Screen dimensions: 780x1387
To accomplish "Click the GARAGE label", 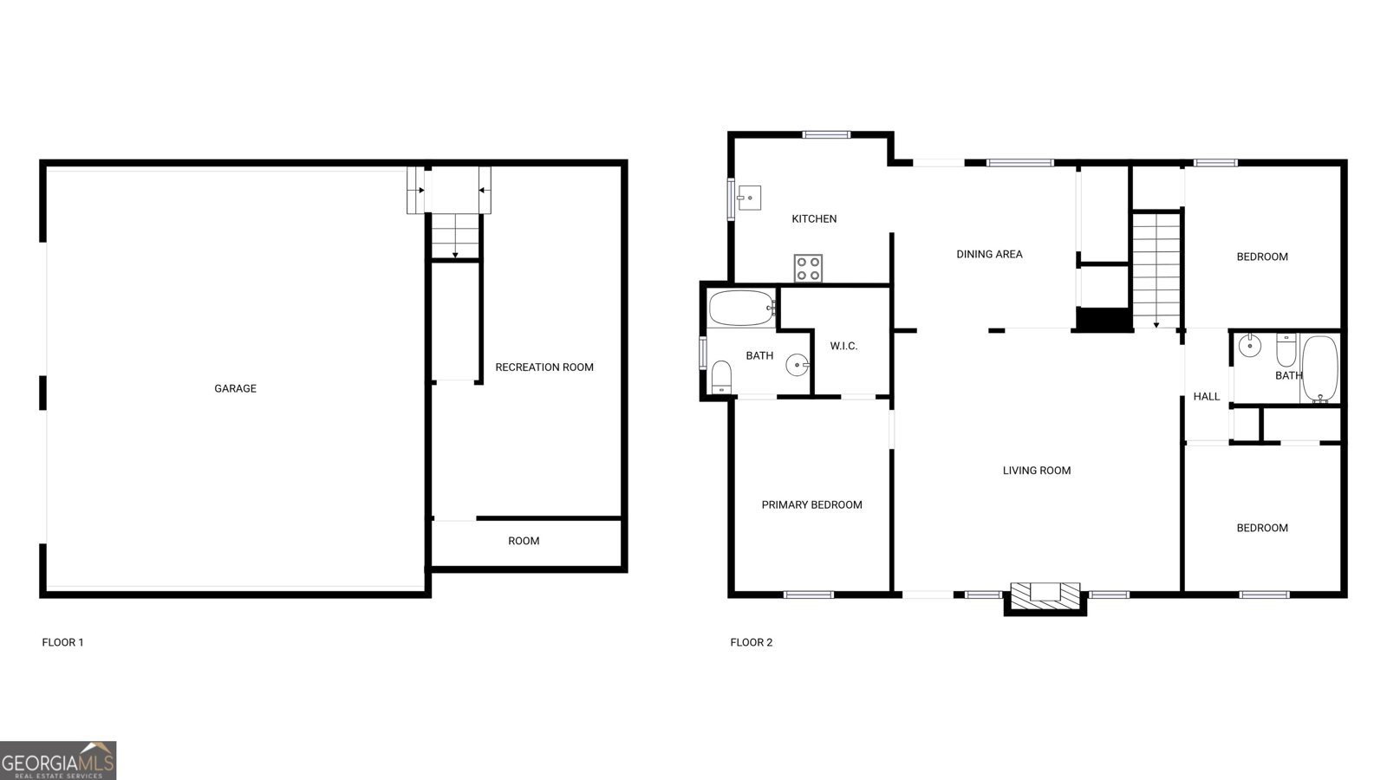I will [235, 388].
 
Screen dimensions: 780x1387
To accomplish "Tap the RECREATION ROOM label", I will [544, 367].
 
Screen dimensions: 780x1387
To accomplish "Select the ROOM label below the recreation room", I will [524, 541].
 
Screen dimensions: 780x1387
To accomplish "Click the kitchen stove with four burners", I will [808, 268].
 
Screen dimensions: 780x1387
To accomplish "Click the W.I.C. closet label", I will [843, 346].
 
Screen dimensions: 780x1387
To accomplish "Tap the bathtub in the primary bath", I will [741, 308].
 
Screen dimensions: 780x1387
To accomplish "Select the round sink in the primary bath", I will [797, 365].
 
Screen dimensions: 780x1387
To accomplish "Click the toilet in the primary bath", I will [721, 377].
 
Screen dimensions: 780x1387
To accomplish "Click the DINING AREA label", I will [989, 254].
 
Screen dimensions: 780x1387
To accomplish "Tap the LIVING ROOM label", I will [1037, 471].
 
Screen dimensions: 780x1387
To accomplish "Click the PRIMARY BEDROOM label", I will [811, 504].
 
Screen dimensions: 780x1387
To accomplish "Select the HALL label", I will [1206, 396].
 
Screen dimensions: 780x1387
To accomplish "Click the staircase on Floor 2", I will [1156, 268].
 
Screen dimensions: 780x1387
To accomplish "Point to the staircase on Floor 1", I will [455, 236].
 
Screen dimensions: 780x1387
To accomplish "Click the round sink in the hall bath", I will [1249, 346].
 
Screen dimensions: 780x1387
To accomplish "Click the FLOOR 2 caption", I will [751, 642].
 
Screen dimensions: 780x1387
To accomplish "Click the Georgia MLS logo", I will [58, 761].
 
